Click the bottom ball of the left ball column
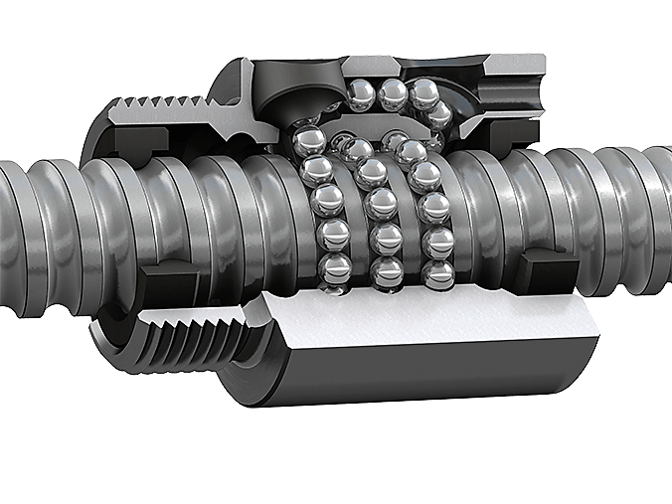point(335,266)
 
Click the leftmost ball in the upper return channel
point(360,94)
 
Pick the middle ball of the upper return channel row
point(393,92)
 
